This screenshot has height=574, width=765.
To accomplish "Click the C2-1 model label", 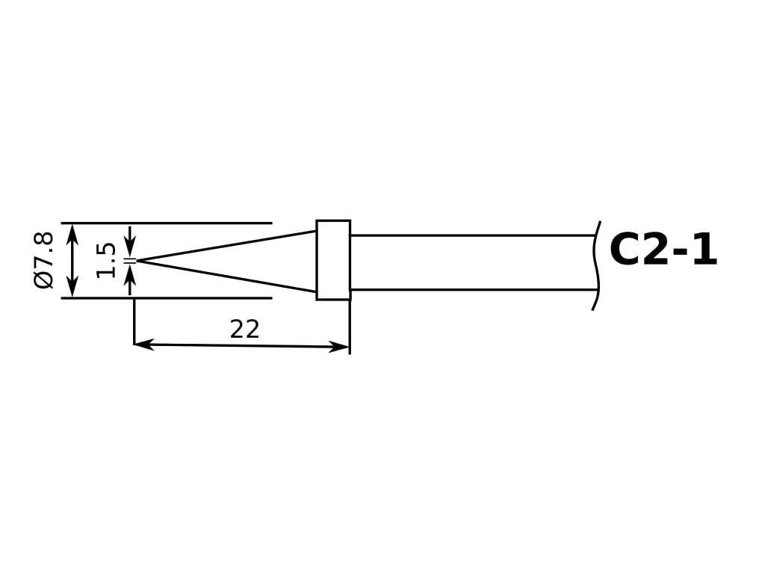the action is (663, 250).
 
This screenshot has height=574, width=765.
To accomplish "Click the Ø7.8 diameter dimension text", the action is (44, 260).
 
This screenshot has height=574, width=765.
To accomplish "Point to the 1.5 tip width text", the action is (106, 261).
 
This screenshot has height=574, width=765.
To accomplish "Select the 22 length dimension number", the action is (244, 330).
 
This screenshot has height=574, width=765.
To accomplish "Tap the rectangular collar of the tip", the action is (333, 260).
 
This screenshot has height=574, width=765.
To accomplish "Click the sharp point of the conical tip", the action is (137, 261).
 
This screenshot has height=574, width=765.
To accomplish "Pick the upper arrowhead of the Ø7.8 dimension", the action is (72, 233).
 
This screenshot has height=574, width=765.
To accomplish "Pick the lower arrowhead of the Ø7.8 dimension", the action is (72, 288).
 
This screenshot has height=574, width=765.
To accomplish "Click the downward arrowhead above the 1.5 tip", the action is (130, 248).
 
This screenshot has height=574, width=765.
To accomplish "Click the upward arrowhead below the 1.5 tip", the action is (130, 273).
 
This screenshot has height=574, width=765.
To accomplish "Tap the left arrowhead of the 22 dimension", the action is (143, 345).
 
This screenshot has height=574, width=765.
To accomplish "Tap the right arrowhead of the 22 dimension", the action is (340, 347).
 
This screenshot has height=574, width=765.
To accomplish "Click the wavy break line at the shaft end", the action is (595, 266).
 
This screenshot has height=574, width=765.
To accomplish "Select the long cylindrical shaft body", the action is (472, 262).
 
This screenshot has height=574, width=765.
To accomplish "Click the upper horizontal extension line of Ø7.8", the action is (167, 223).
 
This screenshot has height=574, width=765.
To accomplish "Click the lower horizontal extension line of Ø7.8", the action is (167, 297).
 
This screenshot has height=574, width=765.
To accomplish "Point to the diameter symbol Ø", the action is (44, 280).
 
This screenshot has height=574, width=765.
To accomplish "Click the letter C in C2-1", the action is (625, 250).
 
